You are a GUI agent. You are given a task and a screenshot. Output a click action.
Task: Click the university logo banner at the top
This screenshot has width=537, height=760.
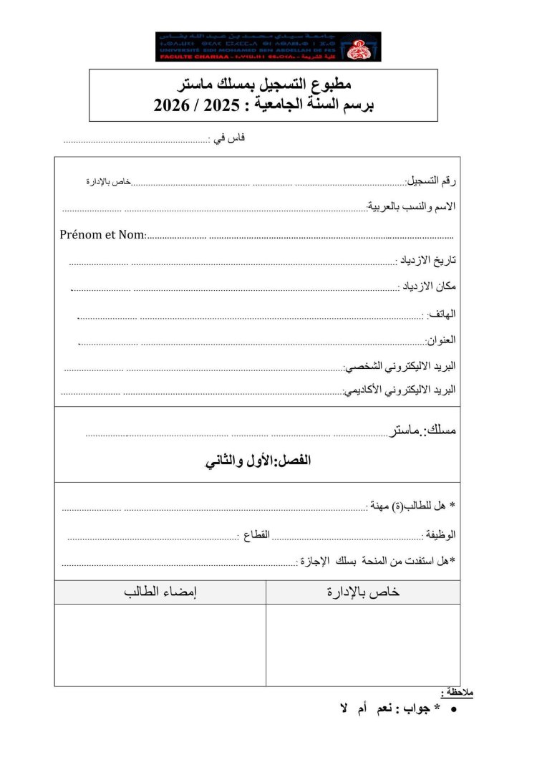click(268, 47)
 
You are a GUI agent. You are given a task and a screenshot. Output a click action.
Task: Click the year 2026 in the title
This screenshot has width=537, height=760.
click(175, 106)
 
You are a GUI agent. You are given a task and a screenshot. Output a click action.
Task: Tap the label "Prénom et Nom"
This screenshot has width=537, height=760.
click(103, 234)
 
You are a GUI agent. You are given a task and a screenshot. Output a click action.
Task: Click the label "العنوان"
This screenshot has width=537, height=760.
click(441, 340)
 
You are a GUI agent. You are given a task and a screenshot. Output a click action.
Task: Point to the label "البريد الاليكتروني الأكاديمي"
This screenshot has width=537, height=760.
click(400, 391)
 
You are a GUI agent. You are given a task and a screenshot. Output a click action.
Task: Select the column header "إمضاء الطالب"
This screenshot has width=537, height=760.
click(160, 592)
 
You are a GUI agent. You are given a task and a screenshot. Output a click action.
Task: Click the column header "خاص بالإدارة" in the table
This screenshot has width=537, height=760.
click(363, 592)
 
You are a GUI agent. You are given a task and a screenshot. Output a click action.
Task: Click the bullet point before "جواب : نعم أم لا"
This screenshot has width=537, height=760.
click(455, 708)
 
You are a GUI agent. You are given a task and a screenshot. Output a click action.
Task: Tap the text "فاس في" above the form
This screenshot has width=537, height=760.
click(228, 138)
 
